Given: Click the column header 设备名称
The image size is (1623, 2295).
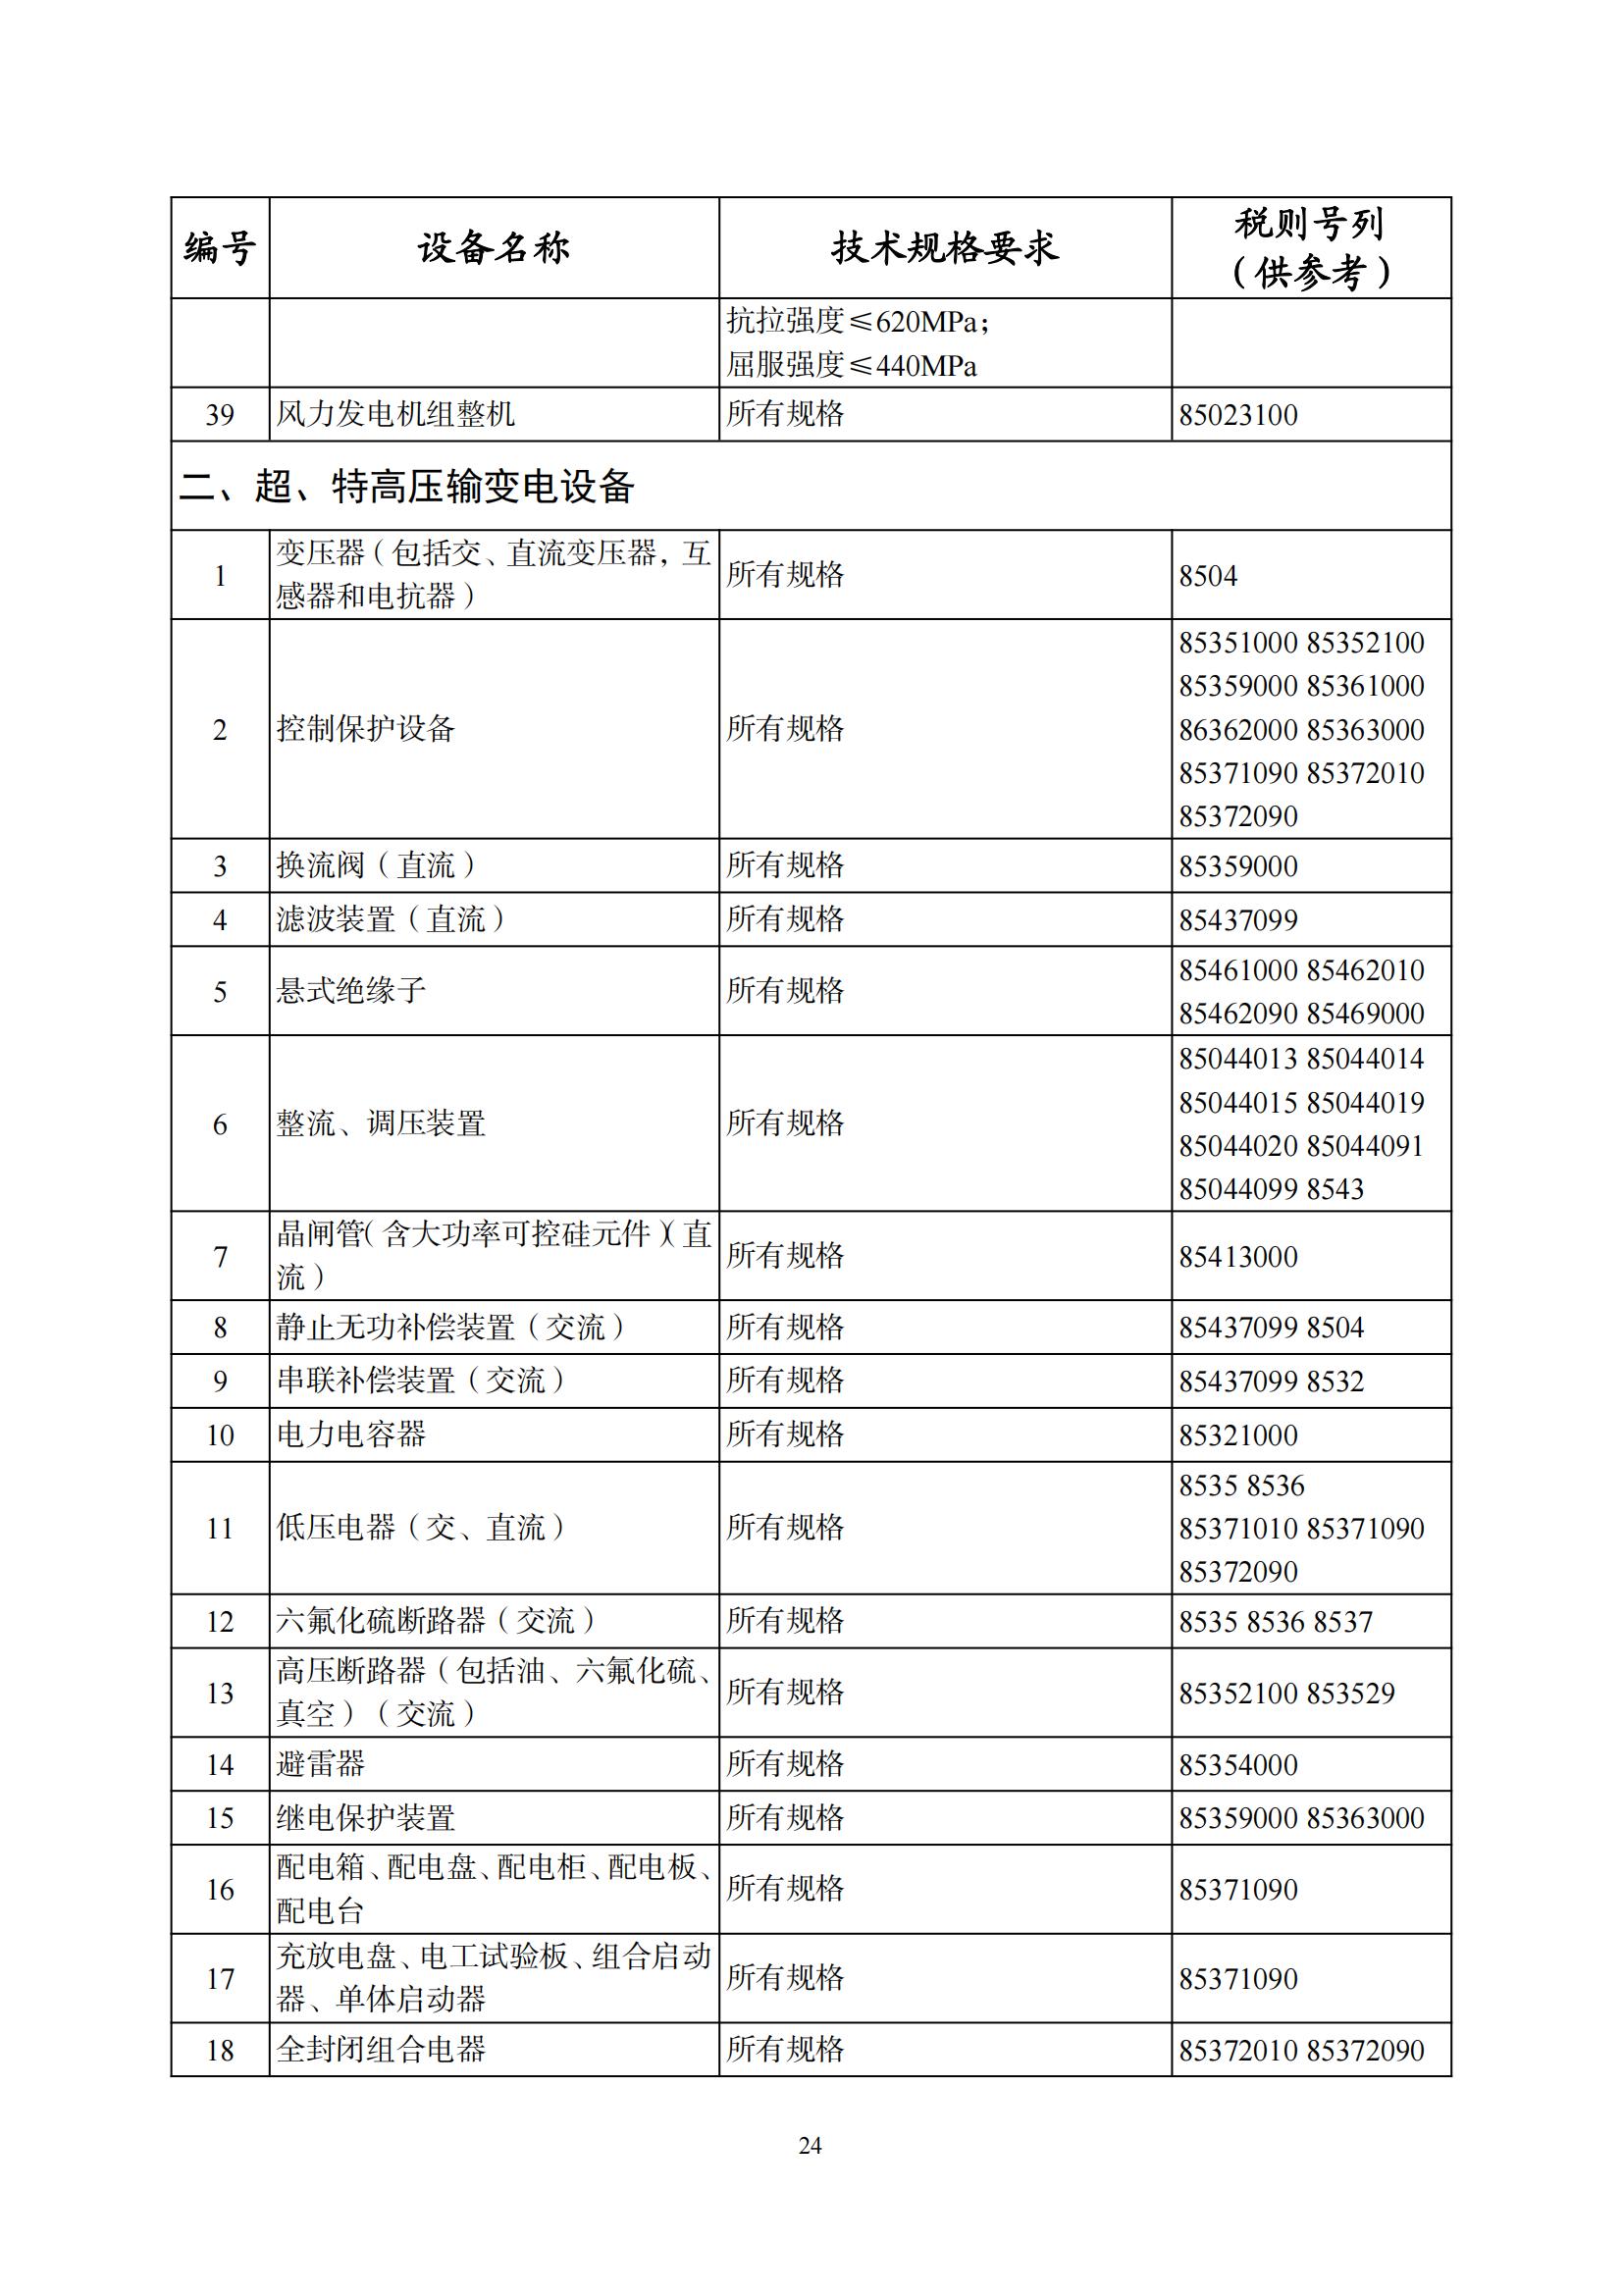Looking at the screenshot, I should tap(494, 247).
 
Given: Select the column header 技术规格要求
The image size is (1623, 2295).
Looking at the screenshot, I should tap(944, 247).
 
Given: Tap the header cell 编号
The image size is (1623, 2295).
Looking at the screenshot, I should tap(220, 247).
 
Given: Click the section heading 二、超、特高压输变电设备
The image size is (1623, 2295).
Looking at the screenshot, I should tap(407, 487).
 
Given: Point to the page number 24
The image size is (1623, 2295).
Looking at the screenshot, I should tap(811, 2145).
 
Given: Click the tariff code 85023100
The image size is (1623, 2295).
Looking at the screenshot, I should tap(1237, 415).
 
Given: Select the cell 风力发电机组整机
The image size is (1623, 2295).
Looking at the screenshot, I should tap(395, 414).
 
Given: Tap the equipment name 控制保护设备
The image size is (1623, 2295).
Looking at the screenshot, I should tap(366, 729).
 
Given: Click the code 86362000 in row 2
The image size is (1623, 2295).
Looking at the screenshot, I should tap(1237, 730).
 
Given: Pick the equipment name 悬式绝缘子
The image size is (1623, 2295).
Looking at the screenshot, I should tap(350, 991).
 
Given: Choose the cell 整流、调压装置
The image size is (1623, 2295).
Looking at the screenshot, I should tap(381, 1123).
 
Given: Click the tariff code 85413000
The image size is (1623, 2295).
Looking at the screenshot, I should tap(1237, 1257).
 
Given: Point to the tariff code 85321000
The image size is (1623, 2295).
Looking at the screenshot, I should tap(1237, 1435).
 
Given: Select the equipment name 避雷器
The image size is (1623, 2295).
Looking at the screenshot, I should tap(321, 1764).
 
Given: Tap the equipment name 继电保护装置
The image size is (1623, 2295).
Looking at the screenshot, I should tap(366, 1818).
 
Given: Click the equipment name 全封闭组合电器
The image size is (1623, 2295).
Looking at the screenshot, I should tap(381, 2050).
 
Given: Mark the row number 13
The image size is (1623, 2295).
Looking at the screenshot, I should tap(220, 1694).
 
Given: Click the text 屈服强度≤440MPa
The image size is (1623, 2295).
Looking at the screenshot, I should tap(852, 366).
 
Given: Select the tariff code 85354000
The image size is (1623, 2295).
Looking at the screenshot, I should tap(1237, 1765).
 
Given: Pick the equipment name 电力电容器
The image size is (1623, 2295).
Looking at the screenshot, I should tap(350, 1434).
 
